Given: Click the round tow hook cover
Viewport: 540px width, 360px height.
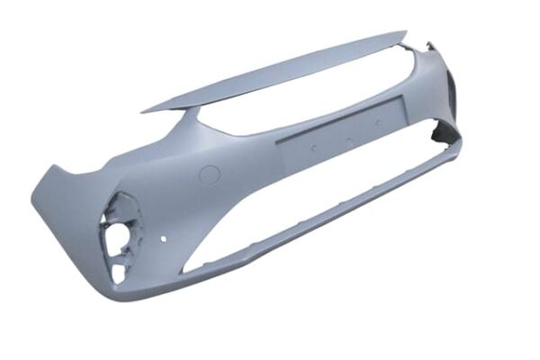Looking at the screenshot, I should (208, 175).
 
